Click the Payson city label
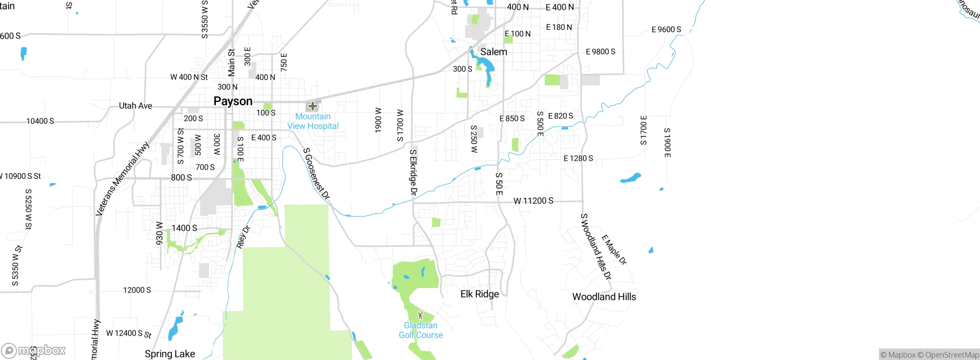(233, 101)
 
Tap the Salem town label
(493, 52)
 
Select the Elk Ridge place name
(480, 294)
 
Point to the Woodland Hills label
(604, 297)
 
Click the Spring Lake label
(170, 354)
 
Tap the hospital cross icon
(312, 106)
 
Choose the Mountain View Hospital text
(313, 121)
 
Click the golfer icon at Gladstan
(420, 315)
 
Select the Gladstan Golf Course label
(421, 330)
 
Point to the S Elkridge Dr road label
(413, 172)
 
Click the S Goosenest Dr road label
(316, 173)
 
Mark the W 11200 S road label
(533, 201)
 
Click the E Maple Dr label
(614, 250)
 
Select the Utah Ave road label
(136, 106)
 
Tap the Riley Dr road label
(243, 237)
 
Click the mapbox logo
(34, 350)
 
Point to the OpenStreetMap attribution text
(952, 355)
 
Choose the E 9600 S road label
(666, 29)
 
